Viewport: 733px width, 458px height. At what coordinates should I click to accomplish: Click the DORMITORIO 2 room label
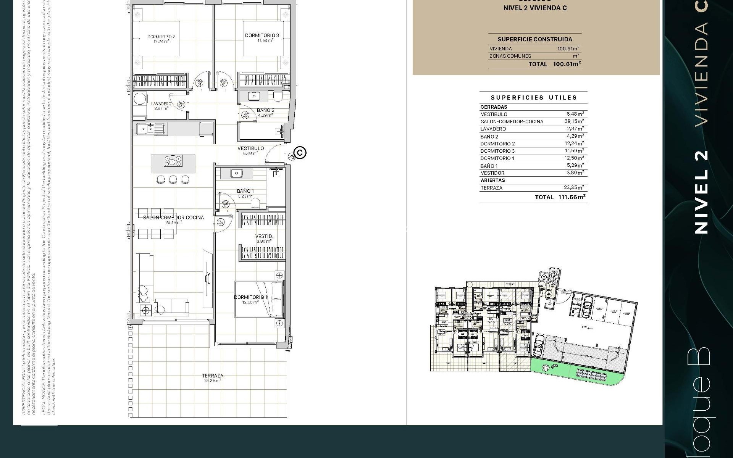[x=161, y=37]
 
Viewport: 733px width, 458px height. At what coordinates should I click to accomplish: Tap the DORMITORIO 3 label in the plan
[x=262, y=35]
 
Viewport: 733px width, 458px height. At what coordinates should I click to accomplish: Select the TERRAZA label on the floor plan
[x=213, y=376]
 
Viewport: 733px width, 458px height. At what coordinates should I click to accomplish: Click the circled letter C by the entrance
[x=300, y=153]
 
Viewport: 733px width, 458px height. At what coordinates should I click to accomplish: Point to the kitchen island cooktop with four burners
[x=173, y=161]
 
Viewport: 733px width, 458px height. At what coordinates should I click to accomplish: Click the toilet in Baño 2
[x=278, y=97]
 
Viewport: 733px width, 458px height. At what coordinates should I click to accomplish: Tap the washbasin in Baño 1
[x=237, y=173]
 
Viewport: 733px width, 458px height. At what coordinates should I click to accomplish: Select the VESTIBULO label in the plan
[x=251, y=148]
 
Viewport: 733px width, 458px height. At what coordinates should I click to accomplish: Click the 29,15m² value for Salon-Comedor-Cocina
[x=574, y=121]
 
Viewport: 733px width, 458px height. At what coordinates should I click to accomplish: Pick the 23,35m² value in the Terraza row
[x=574, y=187]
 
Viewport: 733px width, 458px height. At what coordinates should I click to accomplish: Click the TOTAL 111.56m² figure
[x=560, y=197]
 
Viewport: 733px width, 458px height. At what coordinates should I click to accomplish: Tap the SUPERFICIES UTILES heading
[x=533, y=97]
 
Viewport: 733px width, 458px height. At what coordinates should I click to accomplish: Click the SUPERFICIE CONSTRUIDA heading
[x=534, y=39]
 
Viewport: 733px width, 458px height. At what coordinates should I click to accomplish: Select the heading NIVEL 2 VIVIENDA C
[x=535, y=8]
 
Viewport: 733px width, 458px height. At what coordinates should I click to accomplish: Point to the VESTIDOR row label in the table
[x=492, y=173]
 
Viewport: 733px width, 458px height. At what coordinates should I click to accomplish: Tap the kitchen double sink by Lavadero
[x=150, y=129]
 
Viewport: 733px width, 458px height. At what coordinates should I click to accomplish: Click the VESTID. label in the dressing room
[x=264, y=237]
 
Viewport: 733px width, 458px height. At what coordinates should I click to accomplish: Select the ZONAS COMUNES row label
[x=510, y=56]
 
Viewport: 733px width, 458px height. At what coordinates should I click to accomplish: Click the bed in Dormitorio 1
[x=259, y=299]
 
